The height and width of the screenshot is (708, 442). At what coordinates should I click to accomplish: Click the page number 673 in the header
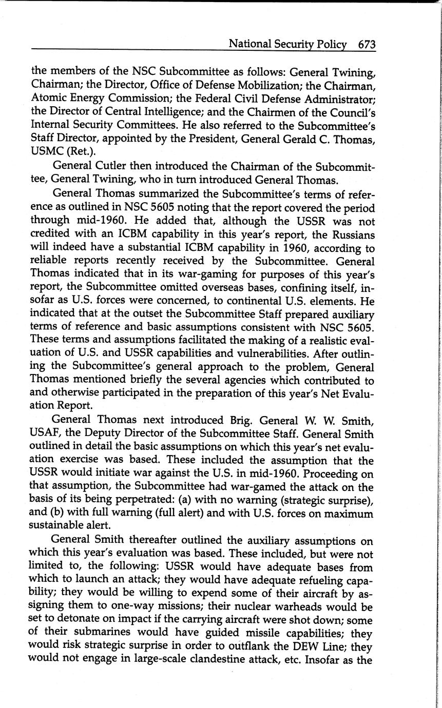click(367, 45)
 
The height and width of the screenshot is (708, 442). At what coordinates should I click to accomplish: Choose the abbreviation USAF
click(46, 435)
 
